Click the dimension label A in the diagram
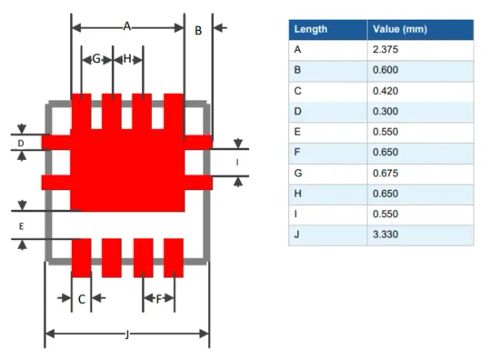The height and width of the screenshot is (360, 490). pos(127,26)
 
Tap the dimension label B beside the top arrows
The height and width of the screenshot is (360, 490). pos(198,30)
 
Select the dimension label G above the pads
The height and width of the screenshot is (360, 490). pos(96,59)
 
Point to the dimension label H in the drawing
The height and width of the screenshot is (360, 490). pos(127,59)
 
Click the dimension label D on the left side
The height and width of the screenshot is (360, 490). pos(22,144)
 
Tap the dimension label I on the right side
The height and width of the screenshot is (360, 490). pos(237,162)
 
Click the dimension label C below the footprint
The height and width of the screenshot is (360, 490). pos(82,300)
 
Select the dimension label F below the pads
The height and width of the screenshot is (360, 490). pos(158,299)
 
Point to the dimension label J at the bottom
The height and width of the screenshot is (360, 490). pos(127,333)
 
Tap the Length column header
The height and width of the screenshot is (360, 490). pos(310,29)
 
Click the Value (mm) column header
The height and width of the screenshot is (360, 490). pos(400,29)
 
